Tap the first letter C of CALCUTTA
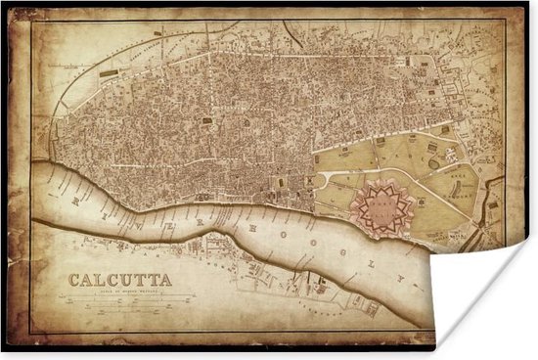tap(73, 280)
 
